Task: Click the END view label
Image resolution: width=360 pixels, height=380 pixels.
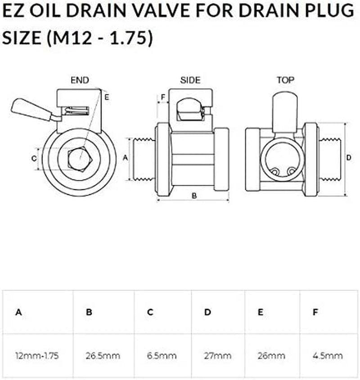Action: pyautogui.click(x=80, y=80)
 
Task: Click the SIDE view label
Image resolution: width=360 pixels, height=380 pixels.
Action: pyautogui.click(x=190, y=80)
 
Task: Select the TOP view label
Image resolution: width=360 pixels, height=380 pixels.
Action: pyautogui.click(x=286, y=80)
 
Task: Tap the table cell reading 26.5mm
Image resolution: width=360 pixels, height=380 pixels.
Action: pyautogui.click(x=103, y=356)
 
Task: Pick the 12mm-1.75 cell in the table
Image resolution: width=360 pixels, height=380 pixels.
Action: pyautogui.click(x=37, y=356)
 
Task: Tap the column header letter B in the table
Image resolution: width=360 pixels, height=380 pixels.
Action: pyautogui.click(x=89, y=312)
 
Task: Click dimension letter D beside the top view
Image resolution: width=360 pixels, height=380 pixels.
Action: pyautogui.click(x=349, y=158)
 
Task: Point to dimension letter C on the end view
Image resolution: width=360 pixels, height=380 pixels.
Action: pyautogui.click(x=34, y=158)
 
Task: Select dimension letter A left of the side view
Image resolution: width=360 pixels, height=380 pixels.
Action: pyautogui.click(x=126, y=157)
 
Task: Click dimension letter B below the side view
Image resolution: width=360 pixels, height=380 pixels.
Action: pyautogui.click(x=194, y=195)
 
